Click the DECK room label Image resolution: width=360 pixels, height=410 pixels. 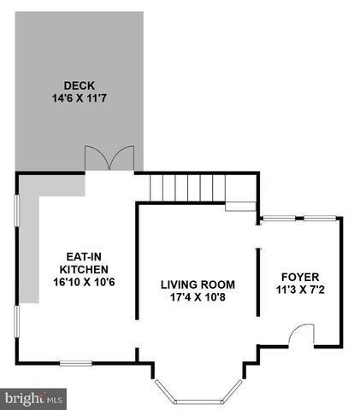pyautogui.click(x=78, y=85)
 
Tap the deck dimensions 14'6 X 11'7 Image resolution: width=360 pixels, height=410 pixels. pyautogui.click(x=78, y=97)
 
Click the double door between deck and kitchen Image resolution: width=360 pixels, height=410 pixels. pyautogui.click(x=109, y=159)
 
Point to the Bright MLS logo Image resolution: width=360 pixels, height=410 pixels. pyautogui.click(x=34, y=398)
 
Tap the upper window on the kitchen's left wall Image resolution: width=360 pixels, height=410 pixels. pyautogui.click(x=18, y=220)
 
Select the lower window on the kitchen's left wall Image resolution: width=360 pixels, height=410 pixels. pyautogui.click(x=18, y=330)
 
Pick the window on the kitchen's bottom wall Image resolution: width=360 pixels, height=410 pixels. pyautogui.click(x=75, y=364)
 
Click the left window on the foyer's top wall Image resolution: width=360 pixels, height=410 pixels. pyautogui.click(x=274, y=218)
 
